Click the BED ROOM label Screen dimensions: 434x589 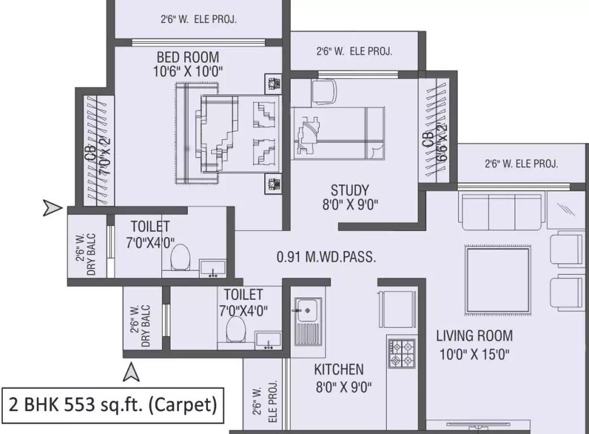187,58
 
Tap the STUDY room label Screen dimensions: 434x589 350,190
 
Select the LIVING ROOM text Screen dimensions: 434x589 474,336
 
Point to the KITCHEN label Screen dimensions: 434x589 339,370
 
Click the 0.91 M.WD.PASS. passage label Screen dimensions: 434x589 326,258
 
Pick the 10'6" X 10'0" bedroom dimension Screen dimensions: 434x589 187,72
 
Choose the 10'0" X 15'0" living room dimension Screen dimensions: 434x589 474,355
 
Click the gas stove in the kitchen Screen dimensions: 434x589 402,353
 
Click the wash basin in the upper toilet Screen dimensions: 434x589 213,268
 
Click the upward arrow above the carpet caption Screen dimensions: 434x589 132,372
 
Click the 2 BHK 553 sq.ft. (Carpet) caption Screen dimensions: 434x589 113,405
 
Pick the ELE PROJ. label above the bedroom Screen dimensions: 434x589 198,19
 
